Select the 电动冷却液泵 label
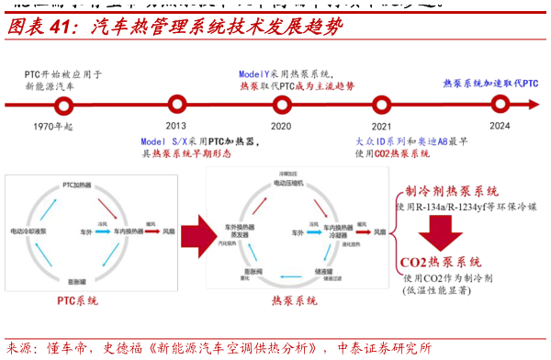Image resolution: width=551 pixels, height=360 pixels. [x=34, y=231]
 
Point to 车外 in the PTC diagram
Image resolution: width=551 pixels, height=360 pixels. [x=84, y=232]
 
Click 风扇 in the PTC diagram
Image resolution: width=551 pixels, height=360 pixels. [x=168, y=232]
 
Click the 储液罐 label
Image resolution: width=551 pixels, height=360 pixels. [x=322, y=273]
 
